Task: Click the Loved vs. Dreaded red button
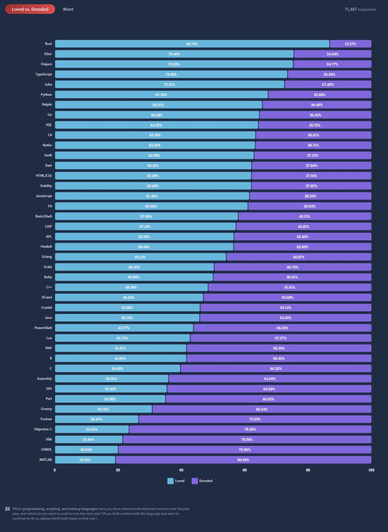[30, 9]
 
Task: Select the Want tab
[68, 9]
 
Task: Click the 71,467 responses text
[360, 9]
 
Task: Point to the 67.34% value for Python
[161, 95]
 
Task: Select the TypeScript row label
[44, 74]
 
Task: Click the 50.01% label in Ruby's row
[292, 277]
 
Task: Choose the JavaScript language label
[44, 196]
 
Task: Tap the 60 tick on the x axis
[244, 470]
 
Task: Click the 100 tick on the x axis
[371, 470]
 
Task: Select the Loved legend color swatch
[170, 481]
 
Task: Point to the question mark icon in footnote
[8, 509]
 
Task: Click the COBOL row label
[46, 450]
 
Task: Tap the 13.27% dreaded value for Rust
[350, 44]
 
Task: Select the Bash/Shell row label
[44, 216]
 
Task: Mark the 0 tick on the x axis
[55, 470]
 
